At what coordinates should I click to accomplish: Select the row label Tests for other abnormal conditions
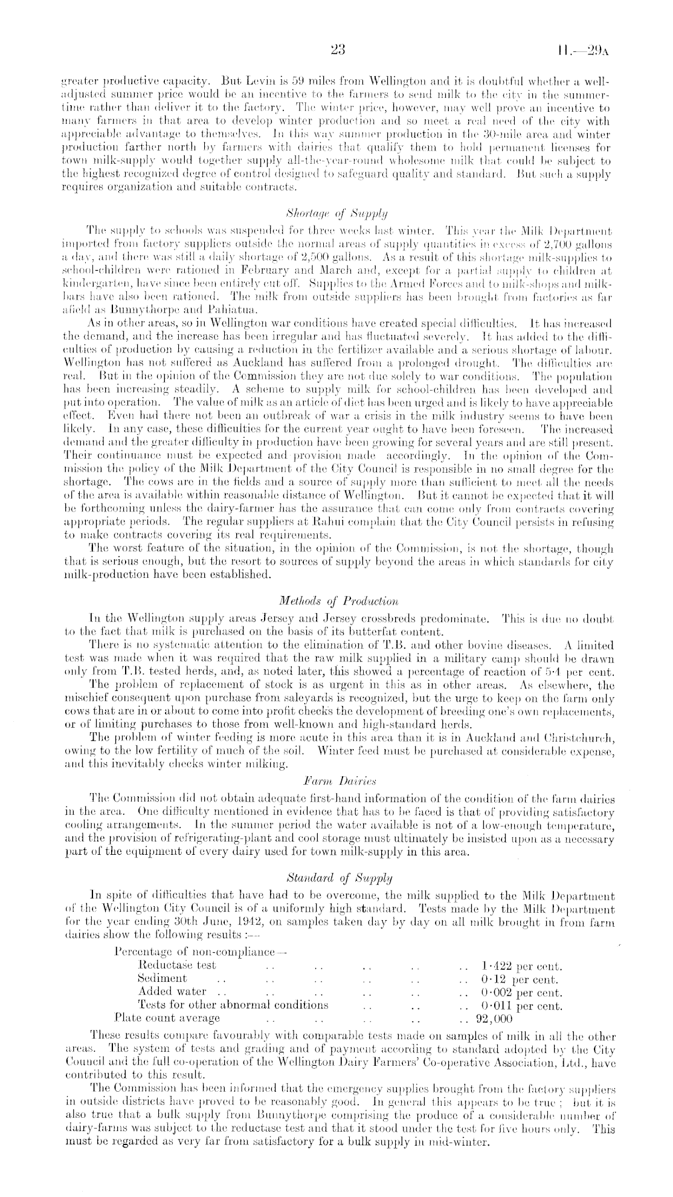[233, 1005]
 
